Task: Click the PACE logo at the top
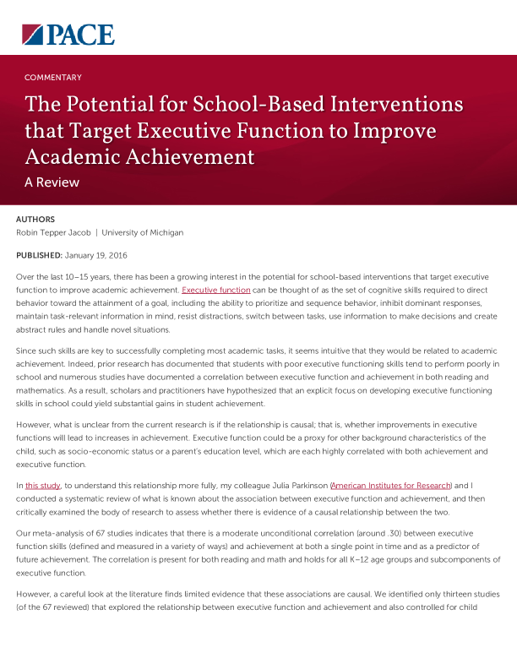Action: (68, 35)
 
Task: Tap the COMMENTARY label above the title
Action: (53, 78)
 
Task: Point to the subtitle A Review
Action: (52, 182)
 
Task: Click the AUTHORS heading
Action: (35, 219)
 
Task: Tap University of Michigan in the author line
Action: (142, 232)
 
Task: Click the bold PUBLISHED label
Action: (39, 254)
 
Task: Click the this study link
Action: (42, 486)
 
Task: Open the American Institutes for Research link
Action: (392, 486)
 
